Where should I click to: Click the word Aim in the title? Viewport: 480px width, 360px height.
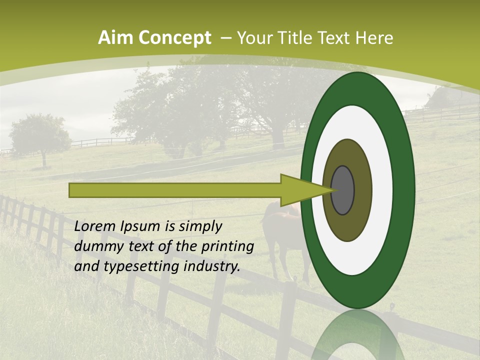coord(112,38)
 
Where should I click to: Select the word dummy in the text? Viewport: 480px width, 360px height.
coord(95,246)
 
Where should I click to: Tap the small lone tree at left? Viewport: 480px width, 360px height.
coord(40,135)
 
